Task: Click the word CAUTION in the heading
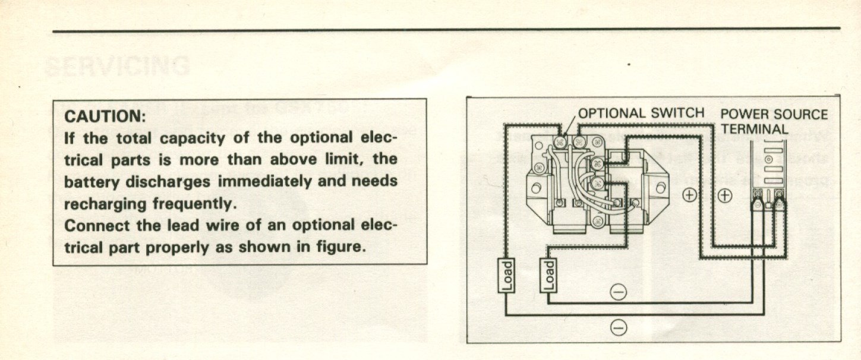coord(105,116)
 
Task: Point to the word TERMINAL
coord(755,129)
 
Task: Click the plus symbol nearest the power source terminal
coord(726,195)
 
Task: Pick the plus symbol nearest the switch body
coord(689,195)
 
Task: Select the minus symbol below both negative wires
coord(619,327)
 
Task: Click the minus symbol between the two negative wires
coord(619,291)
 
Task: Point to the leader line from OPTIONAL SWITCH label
coord(569,126)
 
